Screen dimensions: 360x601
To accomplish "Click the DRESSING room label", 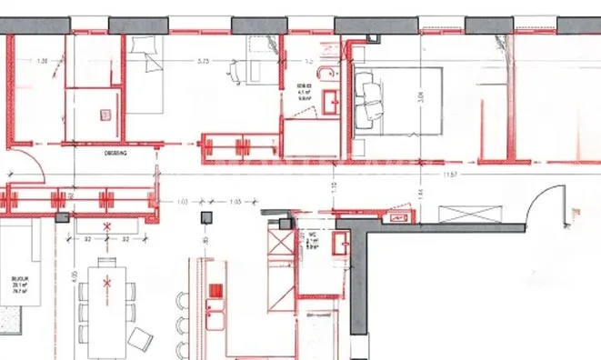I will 114,155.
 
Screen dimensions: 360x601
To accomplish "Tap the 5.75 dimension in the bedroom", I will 205,62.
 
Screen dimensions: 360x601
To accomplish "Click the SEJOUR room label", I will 15,283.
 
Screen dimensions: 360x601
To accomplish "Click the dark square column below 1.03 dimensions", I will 207,217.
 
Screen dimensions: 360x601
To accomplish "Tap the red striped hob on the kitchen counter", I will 215,293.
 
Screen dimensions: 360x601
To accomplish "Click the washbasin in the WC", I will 343,244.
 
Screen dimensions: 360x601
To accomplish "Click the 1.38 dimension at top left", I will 41,62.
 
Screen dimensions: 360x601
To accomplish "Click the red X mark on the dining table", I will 107,284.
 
